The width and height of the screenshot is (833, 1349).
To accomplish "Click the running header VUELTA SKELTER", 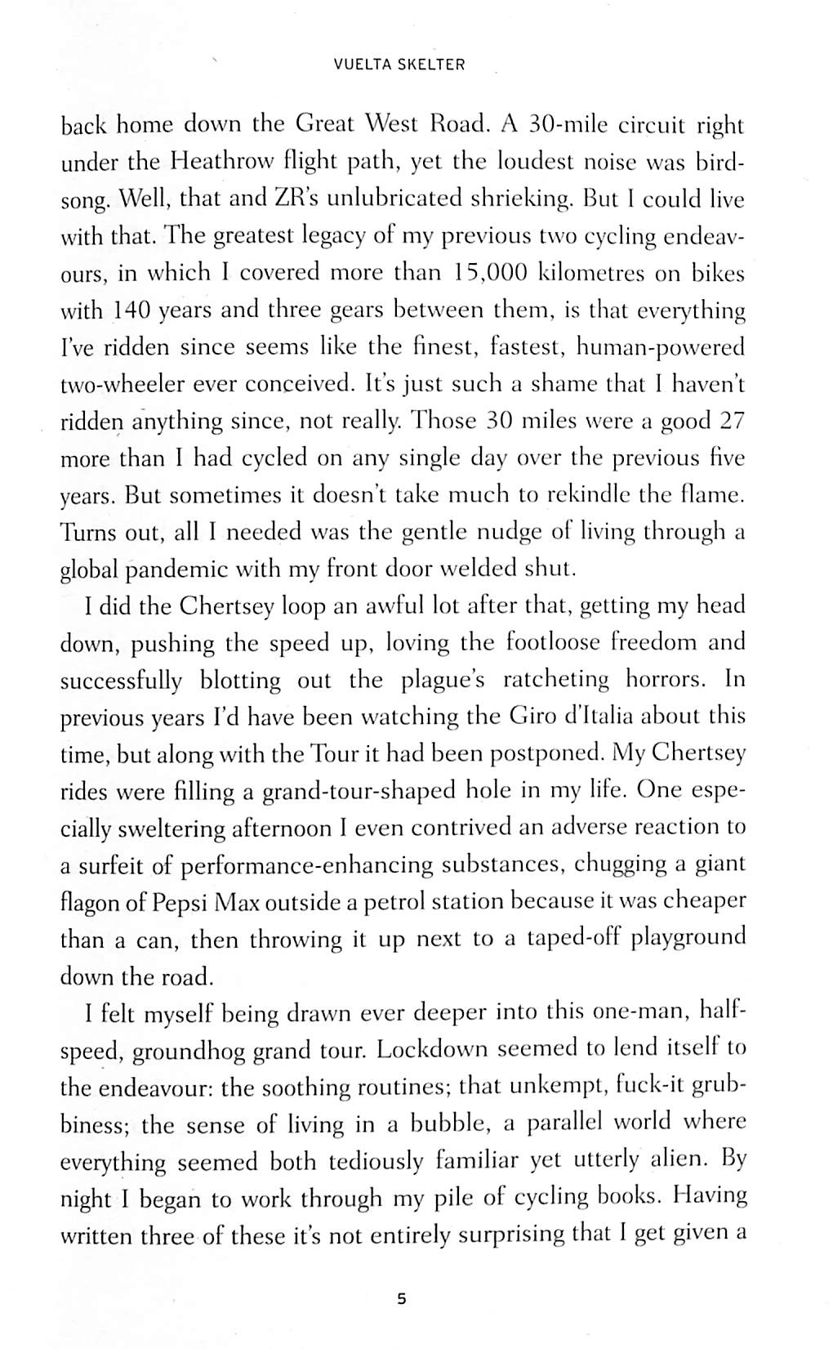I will click(x=399, y=65).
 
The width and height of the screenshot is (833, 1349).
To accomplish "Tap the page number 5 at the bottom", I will click(x=400, y=1298).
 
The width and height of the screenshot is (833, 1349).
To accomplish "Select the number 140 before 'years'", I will click(x=130, y=310).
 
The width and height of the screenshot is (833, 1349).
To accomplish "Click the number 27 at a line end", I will click(x=728, y=421).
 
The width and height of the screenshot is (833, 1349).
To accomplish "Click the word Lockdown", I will click(x=438, y=1049).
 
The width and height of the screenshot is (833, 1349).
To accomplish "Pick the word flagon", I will click(x=94, y=902).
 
